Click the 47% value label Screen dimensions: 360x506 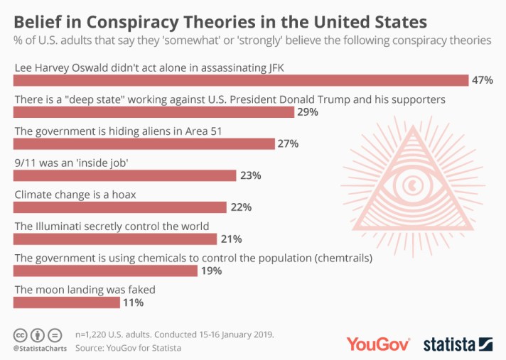point(482,80)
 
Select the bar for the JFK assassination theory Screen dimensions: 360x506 point(241,80)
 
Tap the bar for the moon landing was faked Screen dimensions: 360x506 point(67,302)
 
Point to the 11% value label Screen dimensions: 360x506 point(133,302)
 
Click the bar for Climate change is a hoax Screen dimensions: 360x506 point(120,207)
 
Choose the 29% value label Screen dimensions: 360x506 point(307,112)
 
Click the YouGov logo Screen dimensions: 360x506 point(378,344)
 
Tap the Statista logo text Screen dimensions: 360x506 point(449,344)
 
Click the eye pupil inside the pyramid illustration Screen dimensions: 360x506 point(411,187)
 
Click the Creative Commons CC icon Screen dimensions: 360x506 point(21,334)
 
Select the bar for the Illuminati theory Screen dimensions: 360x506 point(117,239)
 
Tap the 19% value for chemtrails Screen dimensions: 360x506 point(212,271)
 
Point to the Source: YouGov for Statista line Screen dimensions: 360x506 point(128,348)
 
